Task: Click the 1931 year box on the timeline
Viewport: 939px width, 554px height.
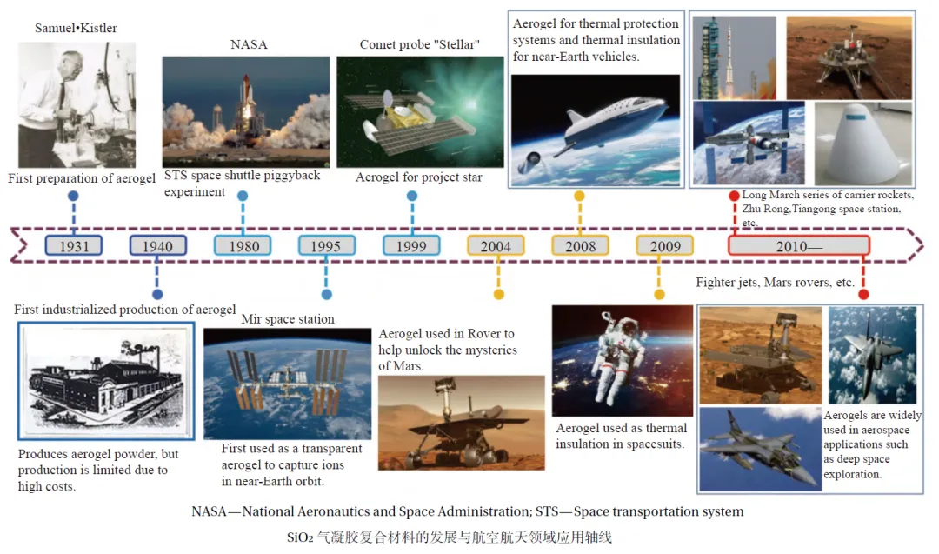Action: (74, 245)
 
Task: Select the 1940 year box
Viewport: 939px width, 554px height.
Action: (157, 245)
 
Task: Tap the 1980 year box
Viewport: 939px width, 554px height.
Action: (243, 245)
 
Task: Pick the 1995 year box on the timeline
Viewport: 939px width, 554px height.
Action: (326, 245)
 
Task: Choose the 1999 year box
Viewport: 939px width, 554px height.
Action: (411, 245)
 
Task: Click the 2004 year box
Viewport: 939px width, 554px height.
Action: (496, 245)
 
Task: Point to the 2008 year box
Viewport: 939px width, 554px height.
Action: (580, 245)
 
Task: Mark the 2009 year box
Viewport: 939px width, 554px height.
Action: (665, 245)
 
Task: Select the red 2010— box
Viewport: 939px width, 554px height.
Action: (798, 245)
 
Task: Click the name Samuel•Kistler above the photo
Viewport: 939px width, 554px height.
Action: (76, 28)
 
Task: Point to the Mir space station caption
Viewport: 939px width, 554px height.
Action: (288, 319)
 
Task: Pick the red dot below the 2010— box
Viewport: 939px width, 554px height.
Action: (863, 294)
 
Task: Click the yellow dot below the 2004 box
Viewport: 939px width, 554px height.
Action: (499, 294)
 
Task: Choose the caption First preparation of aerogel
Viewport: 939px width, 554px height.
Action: (82, 178)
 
